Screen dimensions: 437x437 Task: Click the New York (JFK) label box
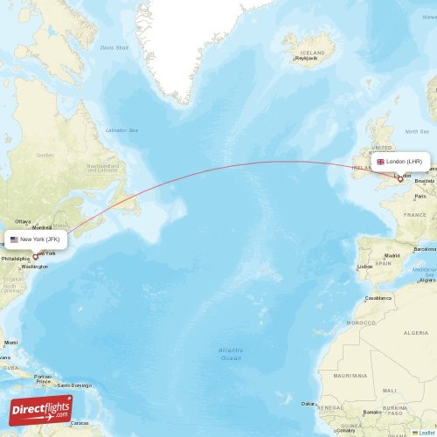tap(35, 239)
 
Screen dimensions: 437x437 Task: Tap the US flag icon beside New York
tap(14, 239)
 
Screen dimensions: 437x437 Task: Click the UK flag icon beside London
tap(380, 162)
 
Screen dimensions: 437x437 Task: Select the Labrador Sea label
tap(122, 130)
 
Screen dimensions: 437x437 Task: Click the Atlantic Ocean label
tap(231, 353)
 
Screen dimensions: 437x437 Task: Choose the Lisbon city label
tap(364, 267)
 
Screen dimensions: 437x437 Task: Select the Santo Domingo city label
tap(75, 385)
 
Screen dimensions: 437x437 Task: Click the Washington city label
tap(35, 267)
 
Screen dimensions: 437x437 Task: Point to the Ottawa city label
tap(23, 222)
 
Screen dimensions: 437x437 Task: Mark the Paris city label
tap(420, 197)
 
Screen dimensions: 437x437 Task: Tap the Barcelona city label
tap(425, 249)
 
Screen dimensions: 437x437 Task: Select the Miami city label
tap(10, 342)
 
